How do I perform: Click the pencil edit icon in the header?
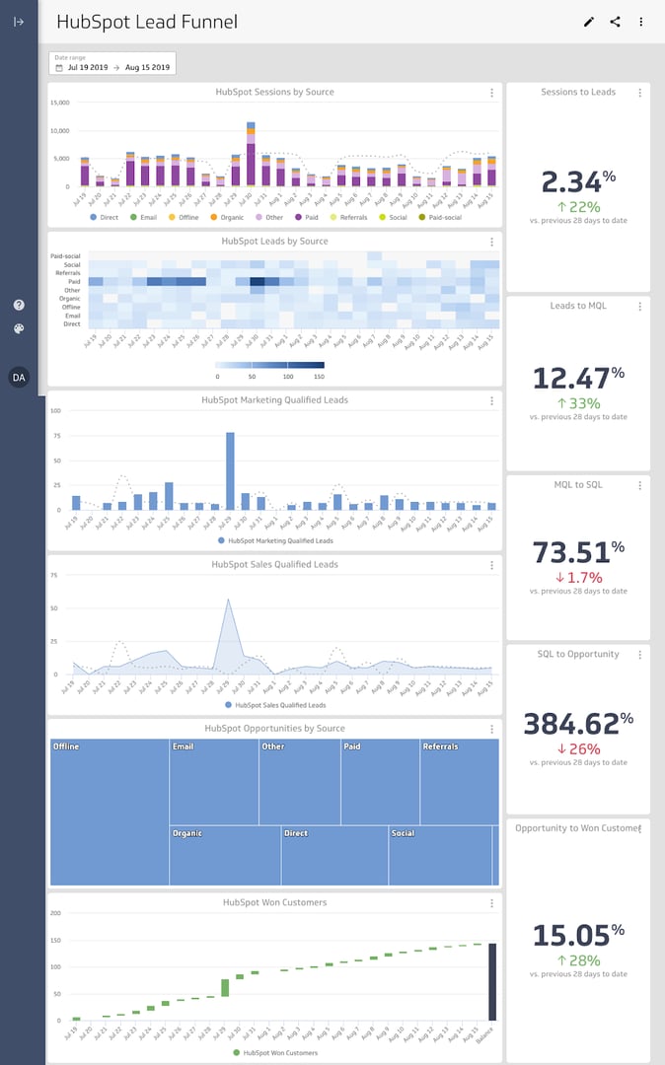pos(589,22)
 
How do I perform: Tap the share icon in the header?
pos(615,22)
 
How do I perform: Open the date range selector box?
pos(112,64)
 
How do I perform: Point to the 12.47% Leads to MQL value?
pos(578,379)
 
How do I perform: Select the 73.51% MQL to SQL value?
pos(578,552)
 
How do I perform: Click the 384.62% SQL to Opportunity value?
pos(576,724)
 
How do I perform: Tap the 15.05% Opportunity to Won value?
pos(578,935)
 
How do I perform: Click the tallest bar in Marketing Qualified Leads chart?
pos(230,470)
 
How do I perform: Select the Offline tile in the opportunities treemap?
pos(110,812)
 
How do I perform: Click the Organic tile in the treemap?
pos(225,855)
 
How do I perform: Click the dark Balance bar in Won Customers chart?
pos(492,981)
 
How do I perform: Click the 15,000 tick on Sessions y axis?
pos(58,103)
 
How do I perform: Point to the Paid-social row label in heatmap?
pos(66,256)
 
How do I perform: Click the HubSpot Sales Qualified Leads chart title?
pos(274,565)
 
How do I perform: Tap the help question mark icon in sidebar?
pos(19,306)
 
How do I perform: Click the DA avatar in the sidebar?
pos(19,377)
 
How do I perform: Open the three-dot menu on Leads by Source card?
pos(491,242)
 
